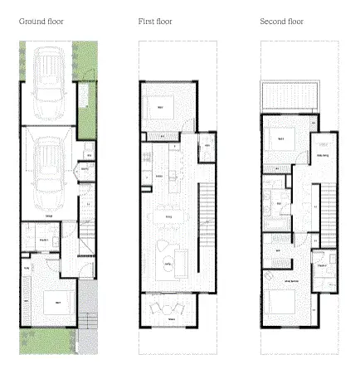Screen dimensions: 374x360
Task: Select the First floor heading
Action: point(155,19)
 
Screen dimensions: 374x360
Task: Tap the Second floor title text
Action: point(281,19)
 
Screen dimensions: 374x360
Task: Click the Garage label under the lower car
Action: point(50,215)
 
